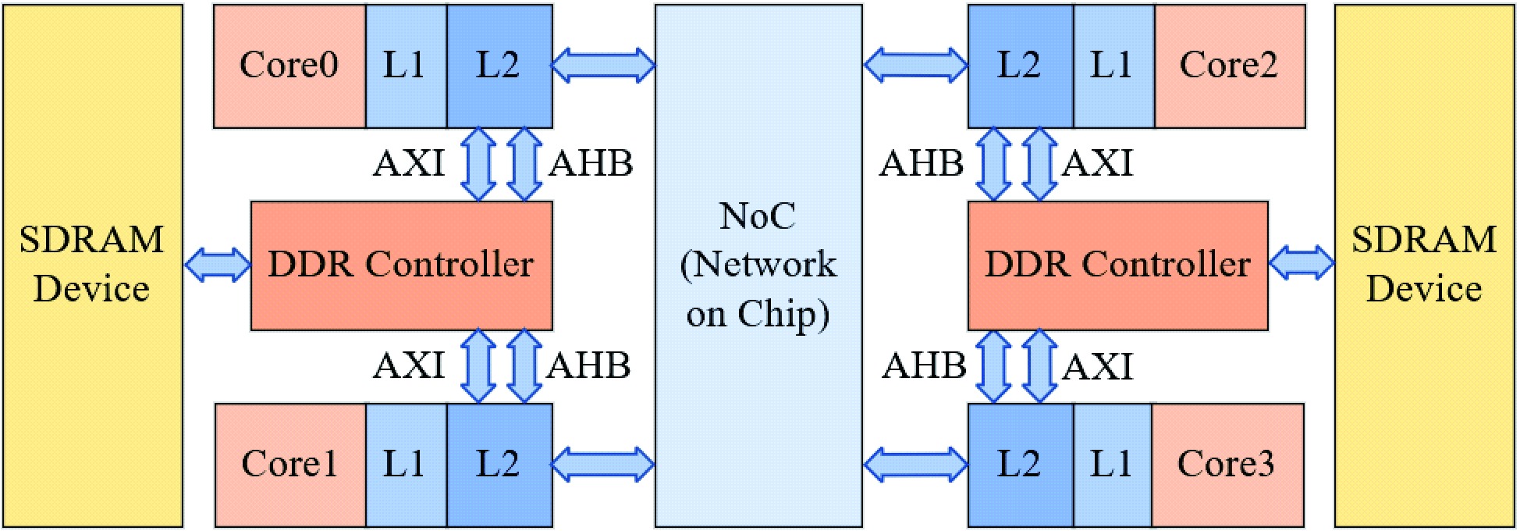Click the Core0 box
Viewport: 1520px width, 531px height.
click(x=289, y=66)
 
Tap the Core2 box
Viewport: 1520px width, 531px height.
click(x=1229, y=66)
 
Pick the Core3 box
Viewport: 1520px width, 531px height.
click(x=1227, y=465)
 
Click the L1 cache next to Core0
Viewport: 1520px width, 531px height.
click(x=405, y=66)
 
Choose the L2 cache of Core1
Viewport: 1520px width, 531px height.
click(x=499, y=465)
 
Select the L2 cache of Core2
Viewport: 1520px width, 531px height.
click(x=1020, y=66)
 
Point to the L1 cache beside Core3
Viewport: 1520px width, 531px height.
click(x=1112, y=465)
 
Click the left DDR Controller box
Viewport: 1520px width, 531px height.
click(x=401, y=265)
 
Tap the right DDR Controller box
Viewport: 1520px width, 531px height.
click(x=1117, y=265)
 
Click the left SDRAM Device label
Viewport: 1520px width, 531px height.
click(x=92, y=264)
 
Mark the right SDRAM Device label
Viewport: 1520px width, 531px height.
click(x=1425, y=264)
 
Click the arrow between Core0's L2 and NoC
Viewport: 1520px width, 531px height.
click(x=603, y=66)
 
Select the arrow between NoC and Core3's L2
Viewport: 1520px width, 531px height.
click(x=915, y=465)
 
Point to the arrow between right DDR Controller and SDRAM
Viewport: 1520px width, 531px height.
click(x=1302, y=263)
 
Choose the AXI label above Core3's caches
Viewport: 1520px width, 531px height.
click(x=1098, y=367)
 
